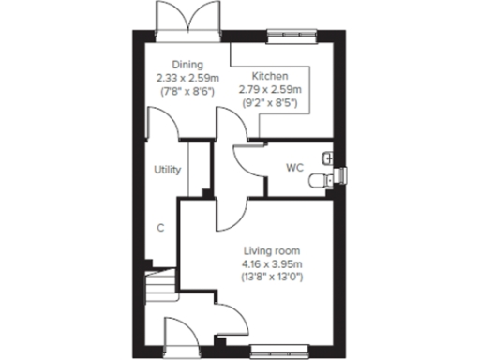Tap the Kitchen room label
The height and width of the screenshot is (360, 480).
click(270, 76)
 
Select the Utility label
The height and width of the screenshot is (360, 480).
click(168, 170)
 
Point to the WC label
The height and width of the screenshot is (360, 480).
click(294, 169)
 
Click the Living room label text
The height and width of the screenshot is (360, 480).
click(272, 251)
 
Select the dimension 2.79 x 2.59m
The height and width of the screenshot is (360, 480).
click(270, 89)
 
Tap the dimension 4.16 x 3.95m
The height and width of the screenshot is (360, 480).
click(272, 264)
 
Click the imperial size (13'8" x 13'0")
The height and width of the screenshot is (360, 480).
click(272, 277)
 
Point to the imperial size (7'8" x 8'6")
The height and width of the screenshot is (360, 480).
click(187, 92)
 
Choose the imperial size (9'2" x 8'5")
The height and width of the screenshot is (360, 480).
click(270, 102)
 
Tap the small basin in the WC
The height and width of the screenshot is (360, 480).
click(327, 157)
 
